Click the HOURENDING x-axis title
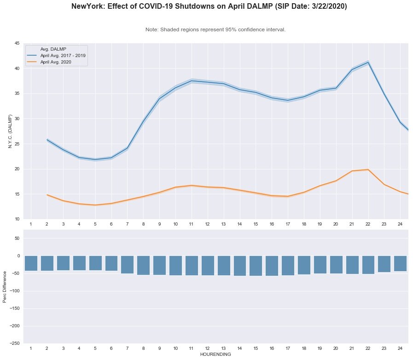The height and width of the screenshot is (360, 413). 215,354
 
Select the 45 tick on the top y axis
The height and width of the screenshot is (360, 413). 17,43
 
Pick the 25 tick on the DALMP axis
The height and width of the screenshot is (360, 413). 17,144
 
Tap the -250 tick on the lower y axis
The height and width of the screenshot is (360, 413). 15,343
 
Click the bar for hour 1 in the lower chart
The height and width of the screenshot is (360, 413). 31,263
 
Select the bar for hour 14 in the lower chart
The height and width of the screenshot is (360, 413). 239,266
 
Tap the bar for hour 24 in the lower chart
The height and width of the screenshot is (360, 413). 400,264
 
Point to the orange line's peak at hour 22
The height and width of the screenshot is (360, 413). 368,169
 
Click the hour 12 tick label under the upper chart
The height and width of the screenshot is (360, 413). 208,224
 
